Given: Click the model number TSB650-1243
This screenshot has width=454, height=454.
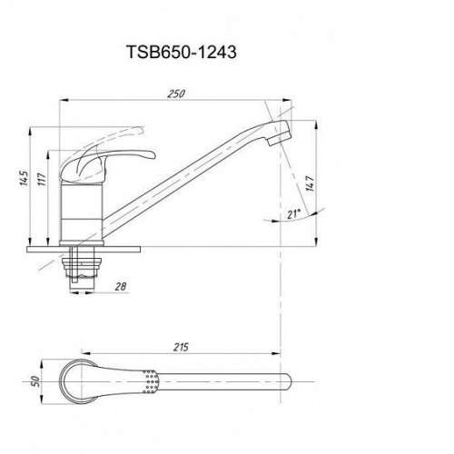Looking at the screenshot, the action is (x=182, y=52).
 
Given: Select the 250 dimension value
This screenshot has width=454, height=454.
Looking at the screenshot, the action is (x=176, y=94).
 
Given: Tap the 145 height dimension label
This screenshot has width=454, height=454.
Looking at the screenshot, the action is (x=24, y=178).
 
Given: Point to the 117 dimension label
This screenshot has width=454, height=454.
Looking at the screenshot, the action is (x=43, y=179).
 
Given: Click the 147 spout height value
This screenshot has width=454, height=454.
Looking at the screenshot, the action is (x=310, y=183).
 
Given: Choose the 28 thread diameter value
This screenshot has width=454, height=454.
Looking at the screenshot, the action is (x=121, y=286).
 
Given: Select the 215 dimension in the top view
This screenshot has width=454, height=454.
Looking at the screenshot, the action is (x=181, y=347).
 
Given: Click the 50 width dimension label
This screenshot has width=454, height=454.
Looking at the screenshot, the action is (x=35, y=381).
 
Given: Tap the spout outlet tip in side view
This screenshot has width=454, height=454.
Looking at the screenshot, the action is (x=279, y=140).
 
